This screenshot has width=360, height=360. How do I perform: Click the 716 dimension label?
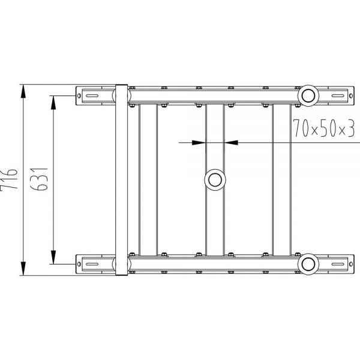tap(9, 179)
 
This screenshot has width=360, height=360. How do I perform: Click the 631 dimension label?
tap(39, 179)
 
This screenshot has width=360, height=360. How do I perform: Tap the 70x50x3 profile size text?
tap(324, 128)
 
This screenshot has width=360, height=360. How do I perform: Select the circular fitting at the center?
tap(215, 180)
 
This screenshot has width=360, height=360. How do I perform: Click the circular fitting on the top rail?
tap(308, 96)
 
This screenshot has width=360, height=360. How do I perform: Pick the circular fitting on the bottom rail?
tap(308, 264)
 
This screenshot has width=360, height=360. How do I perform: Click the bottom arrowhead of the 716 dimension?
tap(23, 268)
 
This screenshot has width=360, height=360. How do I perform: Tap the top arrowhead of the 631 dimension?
tap(53, 103)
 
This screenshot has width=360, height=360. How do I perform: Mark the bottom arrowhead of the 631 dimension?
tap(53, 257)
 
